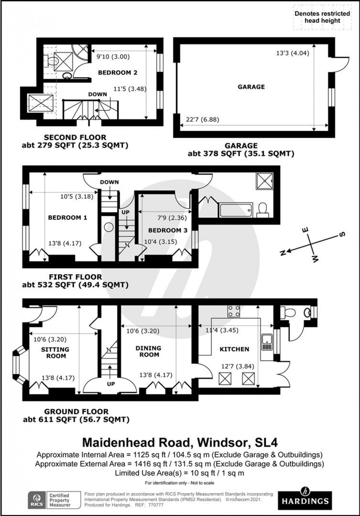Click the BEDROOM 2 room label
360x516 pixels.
[118, 73]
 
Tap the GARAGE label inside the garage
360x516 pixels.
[251, 87]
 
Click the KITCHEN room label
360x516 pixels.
[234, 349]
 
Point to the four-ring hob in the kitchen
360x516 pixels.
[234, 311]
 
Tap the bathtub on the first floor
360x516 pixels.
[235, 210]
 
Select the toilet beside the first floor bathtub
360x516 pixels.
[263, 209]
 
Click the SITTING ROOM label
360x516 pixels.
[56, 353]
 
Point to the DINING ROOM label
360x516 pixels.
[149, 351]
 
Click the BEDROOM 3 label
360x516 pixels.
[167, 230]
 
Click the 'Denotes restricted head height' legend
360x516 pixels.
[322, 17]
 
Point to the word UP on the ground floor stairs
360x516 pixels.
[111, 384]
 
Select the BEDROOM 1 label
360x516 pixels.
[67, 217]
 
